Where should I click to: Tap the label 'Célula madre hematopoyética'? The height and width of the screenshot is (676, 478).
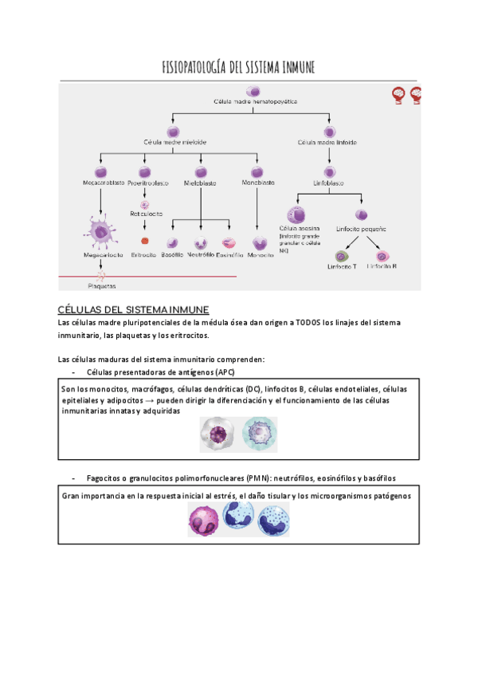pos(255,102)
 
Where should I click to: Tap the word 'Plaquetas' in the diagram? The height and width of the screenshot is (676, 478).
pos(102,285)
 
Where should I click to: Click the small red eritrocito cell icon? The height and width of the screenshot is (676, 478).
pos(144,240)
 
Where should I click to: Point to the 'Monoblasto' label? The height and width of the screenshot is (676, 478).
pos(258,183)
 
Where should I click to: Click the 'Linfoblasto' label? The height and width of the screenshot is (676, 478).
pos(327,183)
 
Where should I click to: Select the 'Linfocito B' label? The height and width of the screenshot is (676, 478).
pos(383,266)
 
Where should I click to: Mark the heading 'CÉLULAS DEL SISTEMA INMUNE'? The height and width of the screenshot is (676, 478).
pos(134,309)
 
